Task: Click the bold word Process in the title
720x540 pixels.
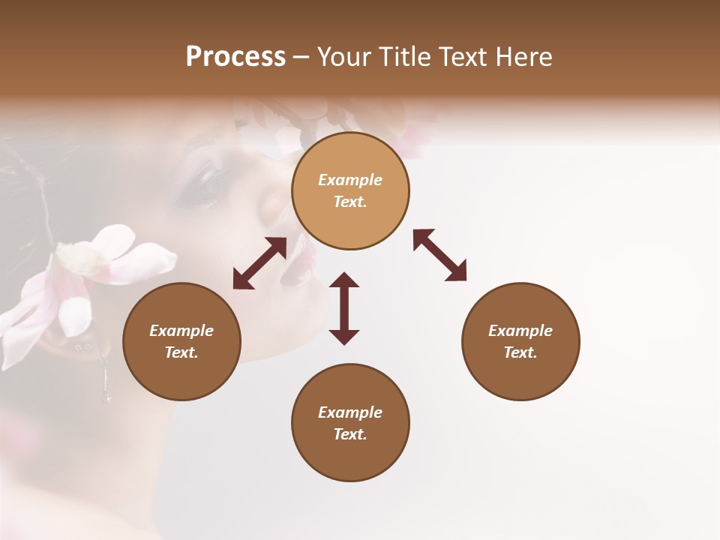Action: pos(235,57)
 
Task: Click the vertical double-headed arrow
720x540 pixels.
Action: pos(344,308)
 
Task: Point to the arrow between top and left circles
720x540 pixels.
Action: pos(259,263)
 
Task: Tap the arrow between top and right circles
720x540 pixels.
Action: pos(439,255)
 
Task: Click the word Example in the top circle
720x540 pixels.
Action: pos(350,180)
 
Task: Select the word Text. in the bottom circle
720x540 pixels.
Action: pos(350,434)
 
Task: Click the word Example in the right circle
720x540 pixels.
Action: pos(520,331)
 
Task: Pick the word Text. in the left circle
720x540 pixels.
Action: pos(181,352)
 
